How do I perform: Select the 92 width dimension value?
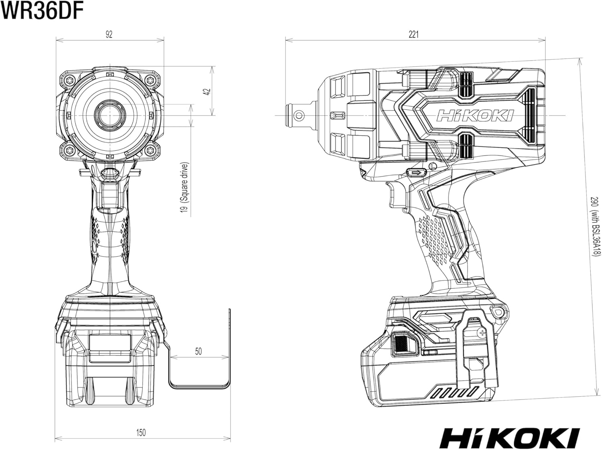[x=109, y=34]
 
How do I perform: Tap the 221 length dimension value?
[x=414, y=34]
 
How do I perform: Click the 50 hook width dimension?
[x=198, y=351]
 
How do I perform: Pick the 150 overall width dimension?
[x=141, y=433]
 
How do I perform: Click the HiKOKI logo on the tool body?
[x=475, y=116]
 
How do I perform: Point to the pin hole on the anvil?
[x=299, y=116]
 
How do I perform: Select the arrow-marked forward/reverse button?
[x=416, y=172]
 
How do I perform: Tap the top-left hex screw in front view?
[x=70, y=80]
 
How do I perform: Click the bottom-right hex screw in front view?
[x=150, y=150]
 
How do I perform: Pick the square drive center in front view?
[x=110, y=116]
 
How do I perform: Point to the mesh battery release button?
[x=401, y=344]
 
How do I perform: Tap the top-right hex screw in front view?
[x=150, y=80]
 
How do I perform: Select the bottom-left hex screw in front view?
[x=70, y=150]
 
